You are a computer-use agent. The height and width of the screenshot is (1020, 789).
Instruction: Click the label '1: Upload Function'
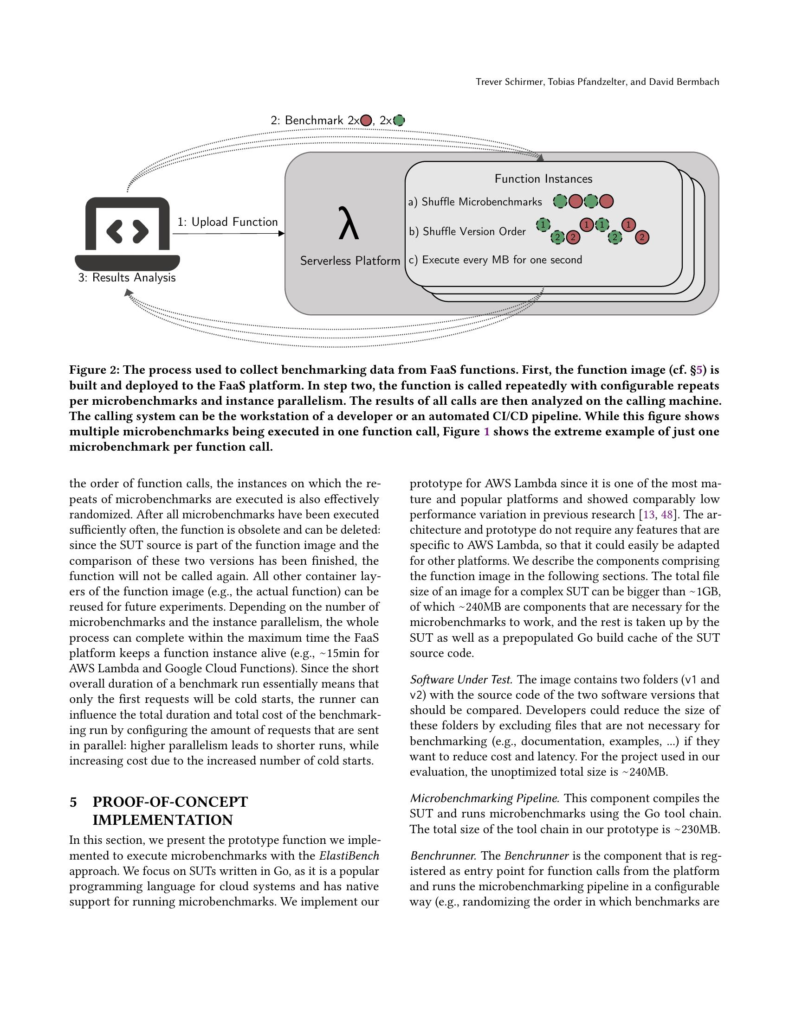[x=227, y=222]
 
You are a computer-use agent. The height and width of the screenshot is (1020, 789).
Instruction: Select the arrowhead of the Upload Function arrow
[x=281, y=234]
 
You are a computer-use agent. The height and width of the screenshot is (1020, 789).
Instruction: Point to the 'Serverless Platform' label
[x=349, y=261]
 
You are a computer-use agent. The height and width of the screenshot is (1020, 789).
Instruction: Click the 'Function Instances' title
[x=543, y=179]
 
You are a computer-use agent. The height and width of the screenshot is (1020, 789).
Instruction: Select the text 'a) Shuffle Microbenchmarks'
[x=475, y=202]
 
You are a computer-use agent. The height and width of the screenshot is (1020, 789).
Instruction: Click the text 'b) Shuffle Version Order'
[x=467, y=232]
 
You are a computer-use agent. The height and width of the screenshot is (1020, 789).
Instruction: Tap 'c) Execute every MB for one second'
[x=495, y=260]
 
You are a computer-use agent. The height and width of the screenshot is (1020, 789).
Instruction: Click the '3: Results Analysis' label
[x=127, y=277]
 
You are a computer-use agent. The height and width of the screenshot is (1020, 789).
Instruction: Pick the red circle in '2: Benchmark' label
[x=366, y=121]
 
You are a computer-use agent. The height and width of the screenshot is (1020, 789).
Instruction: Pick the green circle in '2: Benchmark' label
[x=399, y=121]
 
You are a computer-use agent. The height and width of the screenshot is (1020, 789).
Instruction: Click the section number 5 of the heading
[x=73, y=802]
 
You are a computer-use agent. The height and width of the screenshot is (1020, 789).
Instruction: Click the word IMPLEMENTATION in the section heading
[x=162, y=820]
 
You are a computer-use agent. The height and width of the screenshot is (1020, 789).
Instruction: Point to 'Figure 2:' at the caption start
[x=94, y=370]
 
